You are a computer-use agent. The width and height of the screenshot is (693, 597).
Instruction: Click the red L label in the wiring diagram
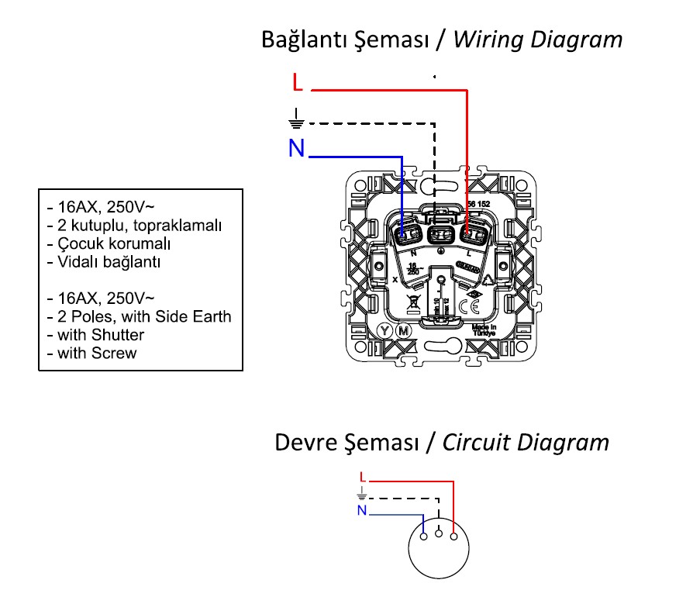pyautogui.click(x=298, y=82)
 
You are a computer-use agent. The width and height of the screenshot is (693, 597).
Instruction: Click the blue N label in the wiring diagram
pyautogui.click(x=296, y=148)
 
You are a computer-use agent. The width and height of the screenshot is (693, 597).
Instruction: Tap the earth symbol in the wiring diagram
pyautogui.click(x=295, y=118)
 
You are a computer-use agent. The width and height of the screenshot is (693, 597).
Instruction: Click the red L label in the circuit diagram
pyautogui.click(x=363, y=476)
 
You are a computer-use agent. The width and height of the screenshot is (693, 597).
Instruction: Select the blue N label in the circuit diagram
pyautogui.click(x=362, y=510)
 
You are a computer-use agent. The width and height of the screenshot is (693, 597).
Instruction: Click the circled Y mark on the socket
pyautogui.click(x=384, y=331)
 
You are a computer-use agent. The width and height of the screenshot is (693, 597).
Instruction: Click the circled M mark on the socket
pyautogui.click(x=402, y=331)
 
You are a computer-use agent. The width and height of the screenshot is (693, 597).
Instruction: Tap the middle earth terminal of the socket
pyautogui.click(x=441, y=232)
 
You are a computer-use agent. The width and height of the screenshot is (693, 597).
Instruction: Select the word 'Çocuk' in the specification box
pyautogui.click(x=80, y=243)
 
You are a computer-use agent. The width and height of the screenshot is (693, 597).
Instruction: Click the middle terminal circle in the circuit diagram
pyautogui.click(x=439, y=533)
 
